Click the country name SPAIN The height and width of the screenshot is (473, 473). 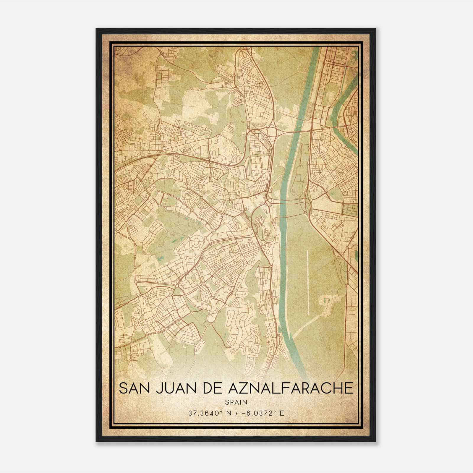pyautogui.click(x=236, y=402)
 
